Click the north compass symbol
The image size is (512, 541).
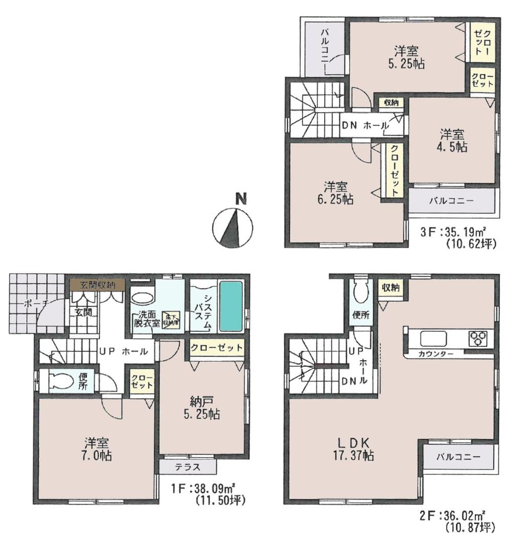point(232,225)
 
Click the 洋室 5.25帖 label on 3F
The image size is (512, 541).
point(406,57)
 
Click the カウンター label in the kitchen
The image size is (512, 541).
point(435,354)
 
